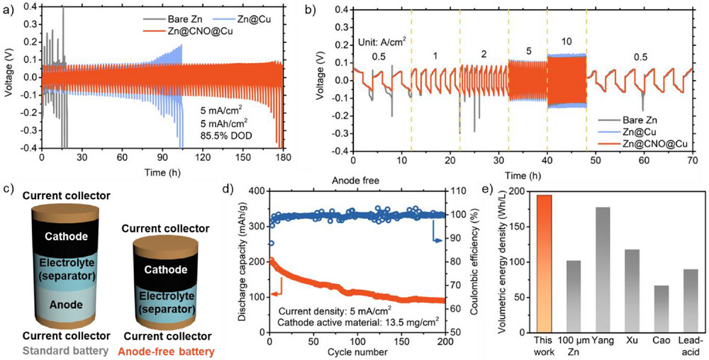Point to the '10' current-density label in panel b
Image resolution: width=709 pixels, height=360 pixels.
pos(566,42)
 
